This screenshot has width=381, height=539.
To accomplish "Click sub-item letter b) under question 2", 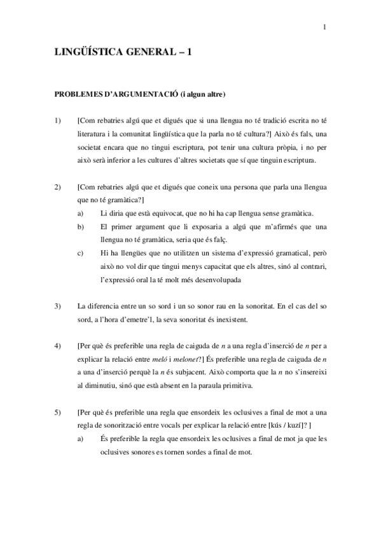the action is [x=80, y=226].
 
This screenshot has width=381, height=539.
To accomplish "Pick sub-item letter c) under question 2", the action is [x=80, y=253].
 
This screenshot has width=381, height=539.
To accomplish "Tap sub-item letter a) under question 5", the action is [x=80, y=439].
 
